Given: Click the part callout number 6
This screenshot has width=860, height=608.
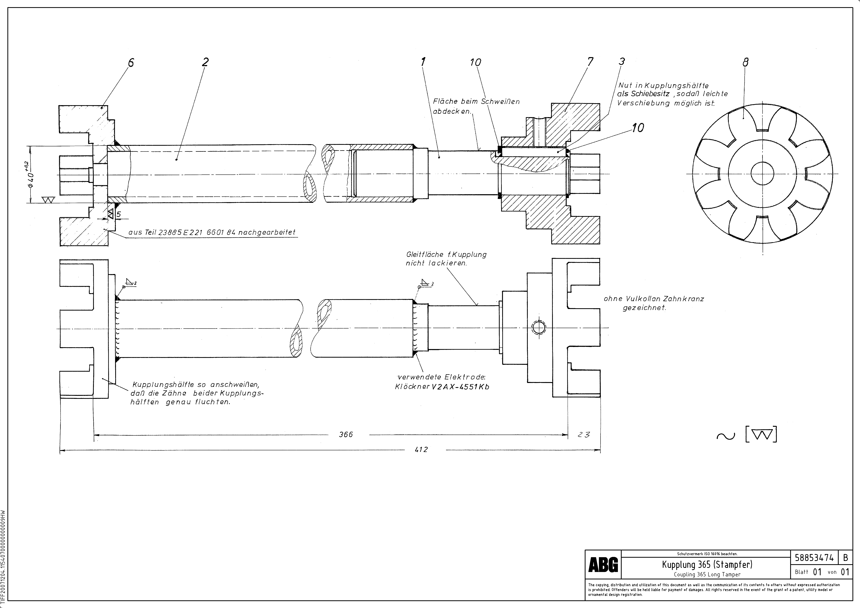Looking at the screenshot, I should click(131, 63).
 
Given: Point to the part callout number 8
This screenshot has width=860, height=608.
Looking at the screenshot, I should click(745, 63).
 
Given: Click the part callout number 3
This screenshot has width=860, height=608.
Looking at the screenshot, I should click(622, 61).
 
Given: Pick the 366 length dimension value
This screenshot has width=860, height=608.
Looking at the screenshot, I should click(346, 434).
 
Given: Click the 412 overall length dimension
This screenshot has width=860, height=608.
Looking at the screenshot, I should click(421, 449).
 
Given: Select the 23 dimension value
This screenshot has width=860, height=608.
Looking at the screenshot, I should click(584, 434).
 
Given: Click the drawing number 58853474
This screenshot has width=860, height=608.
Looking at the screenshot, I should click(814, 558).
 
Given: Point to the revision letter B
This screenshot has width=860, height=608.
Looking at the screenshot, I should click(845, 558).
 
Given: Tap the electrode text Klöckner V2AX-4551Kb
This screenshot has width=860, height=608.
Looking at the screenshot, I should click(442, 387).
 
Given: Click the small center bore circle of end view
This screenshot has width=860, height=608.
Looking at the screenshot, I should click(762, 174).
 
